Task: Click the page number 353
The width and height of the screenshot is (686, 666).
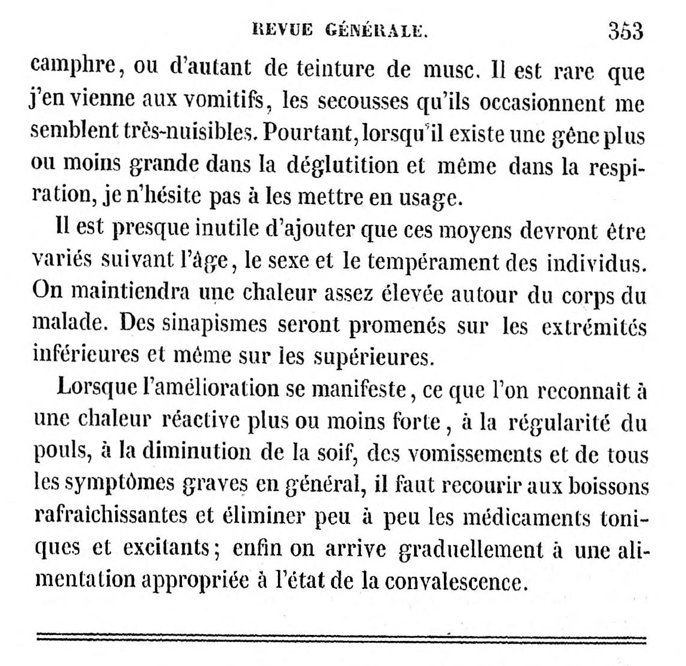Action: click(x=626, y=30)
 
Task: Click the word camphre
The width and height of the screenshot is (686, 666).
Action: click(x=72, y=67)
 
